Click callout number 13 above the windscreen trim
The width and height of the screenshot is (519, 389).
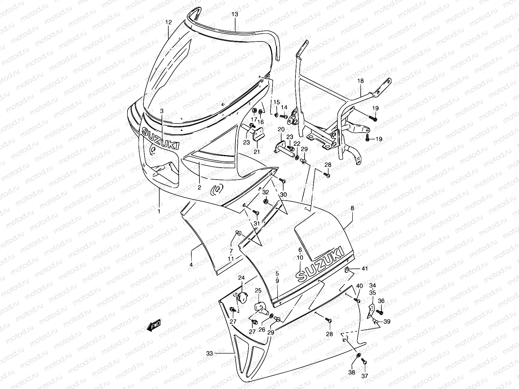tap(235, 14)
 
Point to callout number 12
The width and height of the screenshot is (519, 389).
tap(168, 22)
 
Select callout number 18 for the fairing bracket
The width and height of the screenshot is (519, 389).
tap(361, 81)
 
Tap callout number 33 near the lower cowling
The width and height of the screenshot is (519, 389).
tap(210, 353)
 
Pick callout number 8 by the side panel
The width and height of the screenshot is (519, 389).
tap(353, 208)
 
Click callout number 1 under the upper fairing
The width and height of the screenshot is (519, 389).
tap(159, 211)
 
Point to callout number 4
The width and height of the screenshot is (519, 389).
tap(191, 265)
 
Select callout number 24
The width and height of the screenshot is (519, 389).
tap(241, 278)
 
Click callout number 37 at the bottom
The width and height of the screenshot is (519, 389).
tap(364, 376)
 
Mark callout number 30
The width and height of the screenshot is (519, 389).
tap(284, 195)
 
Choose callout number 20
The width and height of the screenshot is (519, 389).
tap(281, 129)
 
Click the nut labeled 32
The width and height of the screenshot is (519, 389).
tap(265, 202)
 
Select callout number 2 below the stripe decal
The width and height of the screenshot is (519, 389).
tap(199, 187)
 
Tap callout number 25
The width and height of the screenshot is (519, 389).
tap(258, 290)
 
